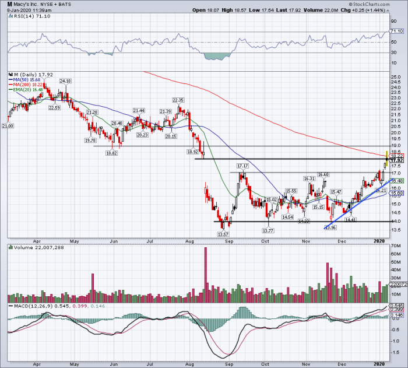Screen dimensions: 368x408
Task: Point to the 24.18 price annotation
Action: coord(65,81)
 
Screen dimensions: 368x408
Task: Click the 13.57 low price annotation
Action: coord(222,234)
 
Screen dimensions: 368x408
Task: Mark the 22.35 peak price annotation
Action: coord(178,100)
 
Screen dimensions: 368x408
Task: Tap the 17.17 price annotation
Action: coord(242,166)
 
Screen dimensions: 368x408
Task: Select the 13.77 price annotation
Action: coord(268,232)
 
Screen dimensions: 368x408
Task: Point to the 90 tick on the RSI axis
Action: coord(392,21)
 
